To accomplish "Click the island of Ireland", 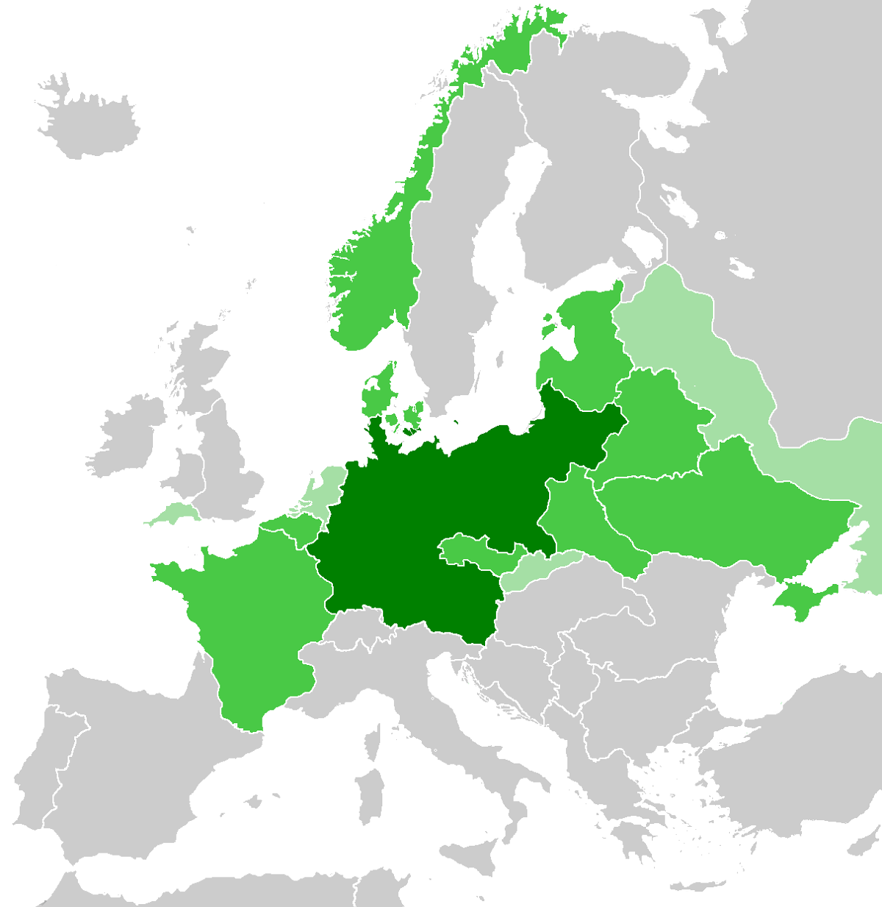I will pyautogui.click(x=125, y=434).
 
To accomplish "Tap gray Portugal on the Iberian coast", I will pyautogui.click(x=37, y=780).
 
